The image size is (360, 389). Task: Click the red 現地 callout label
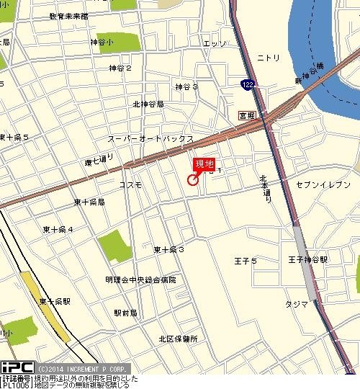(204, 164)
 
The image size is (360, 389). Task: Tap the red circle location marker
(193, 180)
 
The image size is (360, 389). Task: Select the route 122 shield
(246, 84)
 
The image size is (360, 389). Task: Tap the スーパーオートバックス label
(150, 138)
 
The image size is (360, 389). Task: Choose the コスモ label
(130, 185)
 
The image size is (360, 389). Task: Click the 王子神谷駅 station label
(308, 259)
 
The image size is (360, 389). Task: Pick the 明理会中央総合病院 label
(140, 279)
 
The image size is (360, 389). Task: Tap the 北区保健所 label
(178, 339)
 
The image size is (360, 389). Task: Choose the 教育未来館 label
(69, 15)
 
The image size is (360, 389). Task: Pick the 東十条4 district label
(58, 229)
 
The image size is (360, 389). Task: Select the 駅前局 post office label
(125, 313)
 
